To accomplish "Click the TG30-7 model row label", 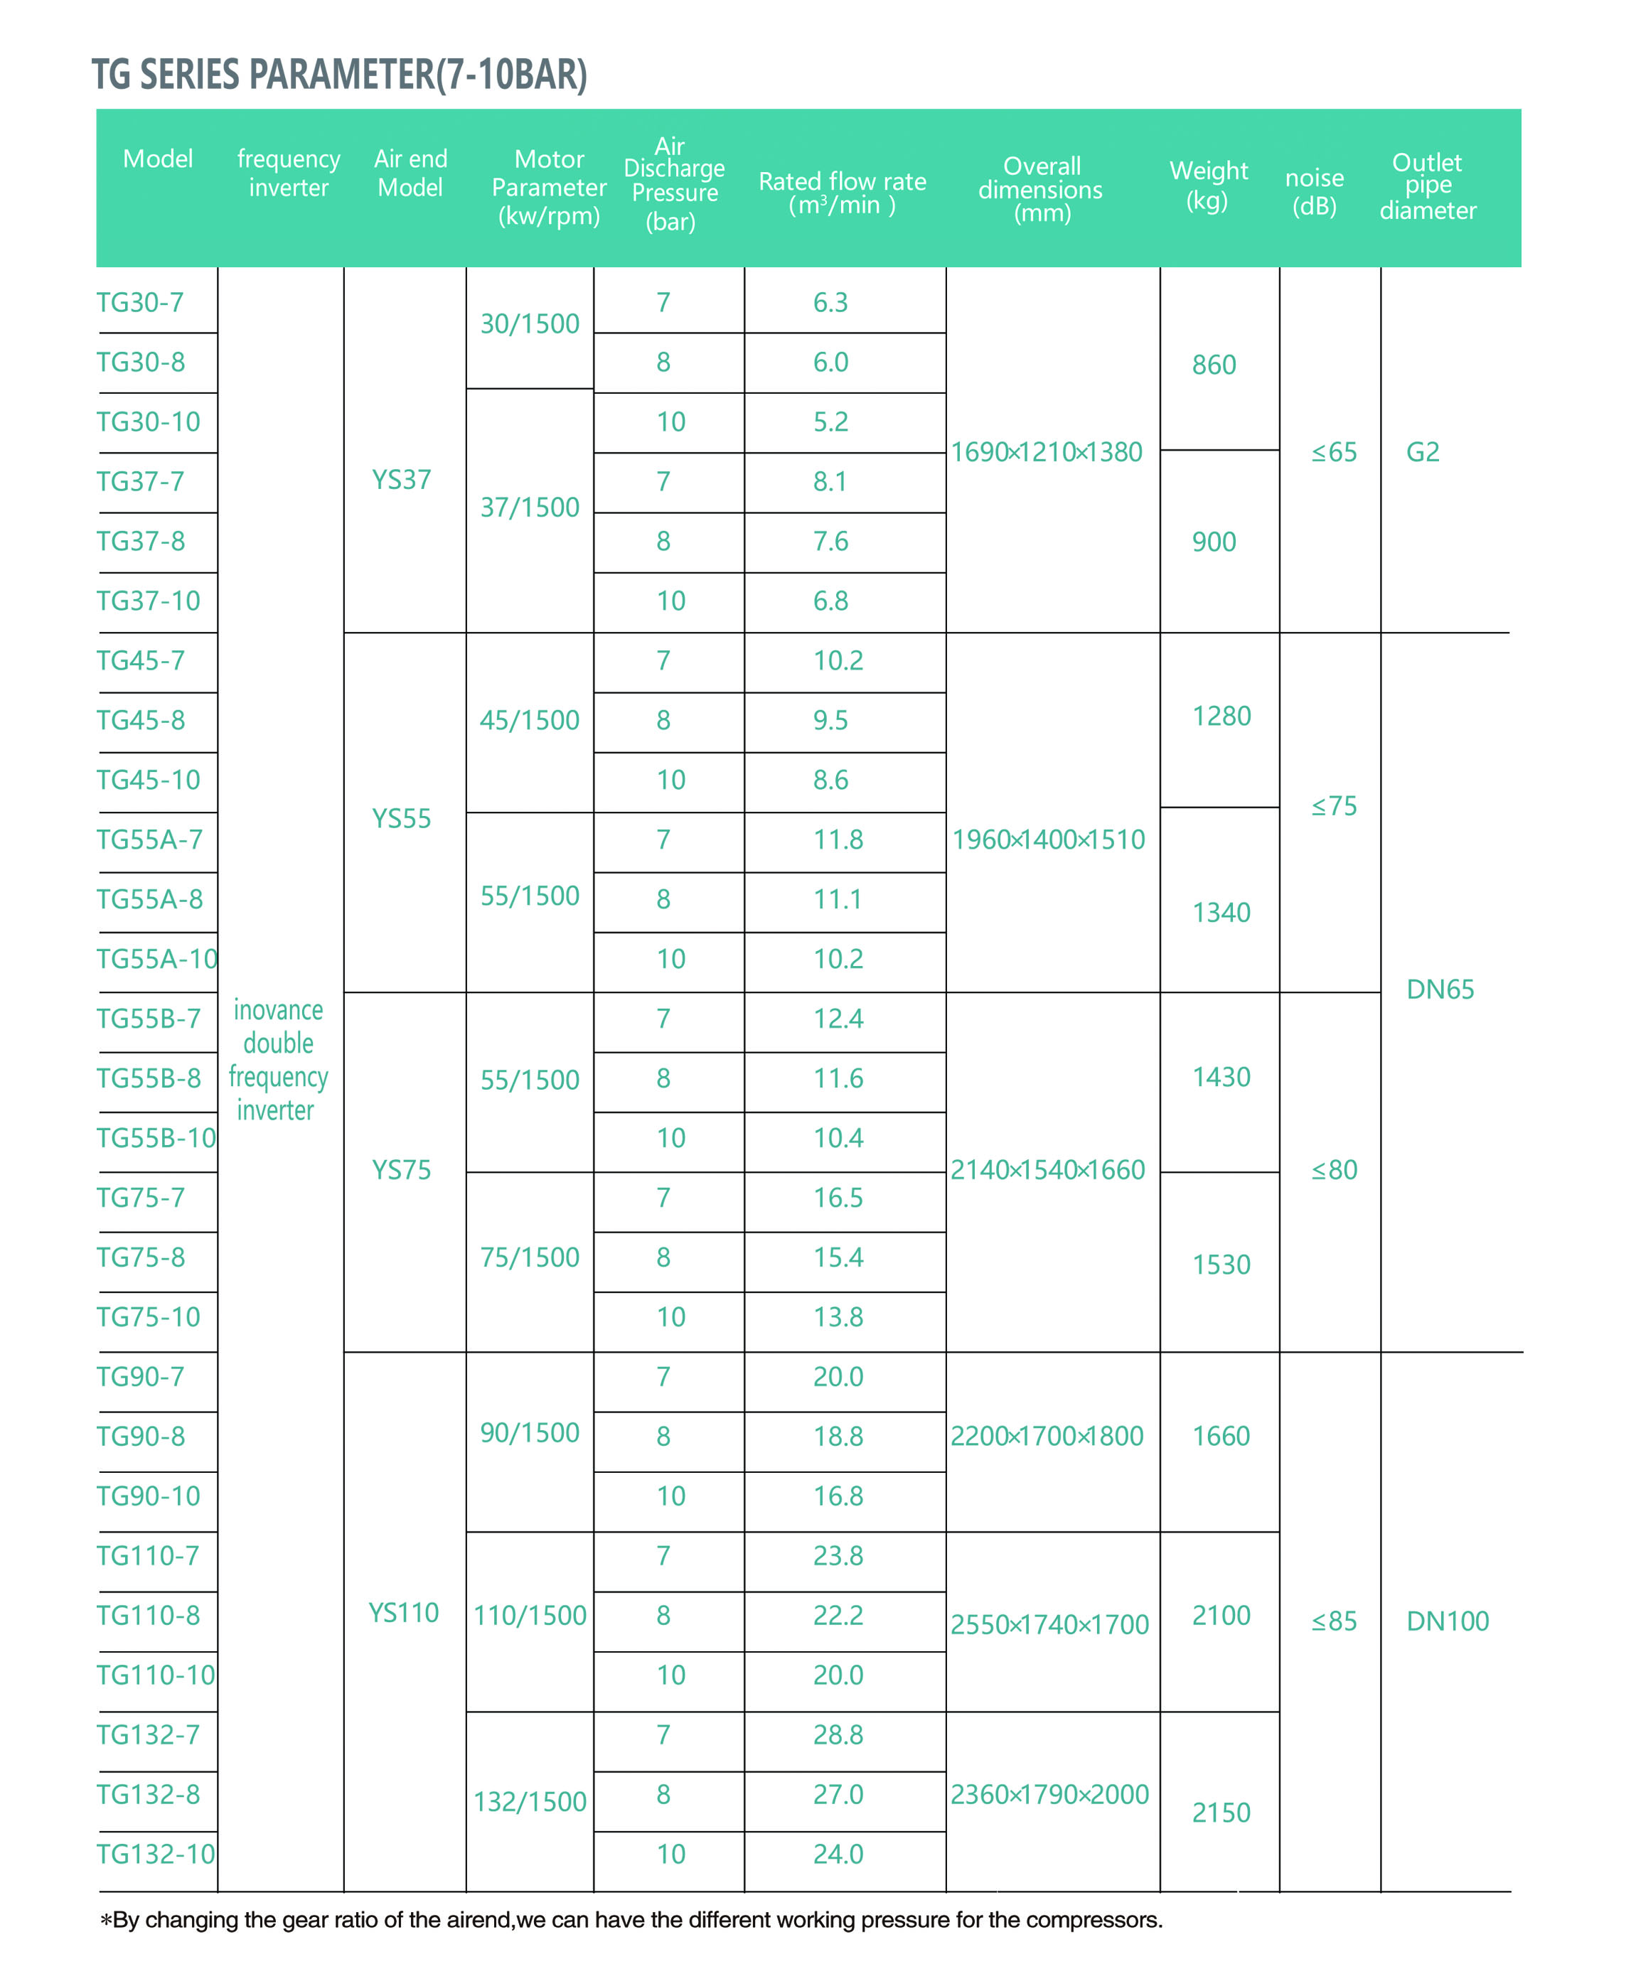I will pyautogui.click(x=140, y=302).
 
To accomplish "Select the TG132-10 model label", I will pyautogui.click(x=155, y=1854).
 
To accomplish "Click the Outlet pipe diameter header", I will pyautogui.click(x=1428, y=186).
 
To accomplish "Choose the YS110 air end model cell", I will pyautogui.click(x=403, y=1612).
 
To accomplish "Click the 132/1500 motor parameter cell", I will pyautogui.click(x=530, y=1801).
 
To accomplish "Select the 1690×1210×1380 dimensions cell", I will pyautogui.click(x=1047, y=451).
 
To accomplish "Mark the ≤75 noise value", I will pyautogui.click(x=1334, y=806).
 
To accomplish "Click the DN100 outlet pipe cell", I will pyautogui.click(x=1447, y=1621).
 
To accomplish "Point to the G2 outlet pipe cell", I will pyautogui.click(x=1423, y=451).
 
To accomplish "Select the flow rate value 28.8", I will pyautogui.click(x=837, y=1735).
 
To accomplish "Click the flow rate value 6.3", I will pyautogui.click(x=830, y=302).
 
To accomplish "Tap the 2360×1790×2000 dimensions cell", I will pyautogui.click(x=1049, y=1794).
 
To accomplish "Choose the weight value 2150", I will pyautogui.click(x=1221, y=1813).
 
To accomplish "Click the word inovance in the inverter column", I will pyautogui.click(x=278, y=1010).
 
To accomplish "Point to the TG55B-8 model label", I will pyautogui.click(x=149, y=1078).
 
